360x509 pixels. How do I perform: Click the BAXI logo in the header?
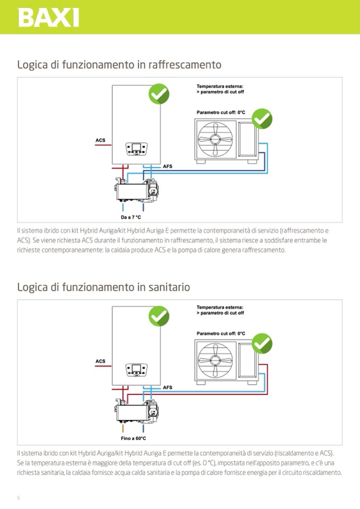(x=48, y=17)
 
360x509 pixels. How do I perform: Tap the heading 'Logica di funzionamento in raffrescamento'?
(x=119, y=65)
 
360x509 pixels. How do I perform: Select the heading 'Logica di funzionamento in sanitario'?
(x=104, y=287)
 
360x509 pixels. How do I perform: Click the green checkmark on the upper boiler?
(x=158, y=94)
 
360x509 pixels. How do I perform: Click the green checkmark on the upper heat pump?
(x=262, y=119)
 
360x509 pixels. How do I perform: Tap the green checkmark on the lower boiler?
(x=158, y=316)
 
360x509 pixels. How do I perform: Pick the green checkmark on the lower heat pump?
(x=262, y=343)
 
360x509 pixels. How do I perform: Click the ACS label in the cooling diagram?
(x=100, y=141)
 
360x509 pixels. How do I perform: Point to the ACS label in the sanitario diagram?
(x=100, y=361)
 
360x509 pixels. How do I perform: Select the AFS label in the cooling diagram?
(x=168, y=167)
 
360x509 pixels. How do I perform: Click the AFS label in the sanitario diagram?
(x=168, y=388)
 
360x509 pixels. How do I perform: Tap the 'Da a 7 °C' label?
(x=131, y=217)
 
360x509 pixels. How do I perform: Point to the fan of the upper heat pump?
(x=215, y=139)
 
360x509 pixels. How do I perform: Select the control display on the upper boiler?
(x=136, y=148)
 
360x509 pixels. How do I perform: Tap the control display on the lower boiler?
(x=136, y=369)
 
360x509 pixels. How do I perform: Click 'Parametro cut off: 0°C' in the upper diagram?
(x=220, y=113)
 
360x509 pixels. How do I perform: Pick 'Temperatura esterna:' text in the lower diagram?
(x=220, y=307)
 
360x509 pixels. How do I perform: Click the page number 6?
(x=19, y=498)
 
